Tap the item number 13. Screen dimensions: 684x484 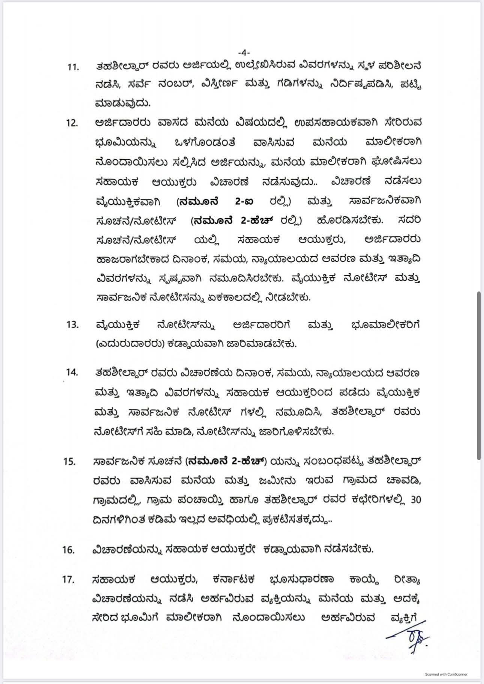[x=72, y=325]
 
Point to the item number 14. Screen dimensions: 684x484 [x=71, y=372]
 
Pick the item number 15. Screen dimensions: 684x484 [x=70, y=462]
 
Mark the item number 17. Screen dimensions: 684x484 [x=69, y=580]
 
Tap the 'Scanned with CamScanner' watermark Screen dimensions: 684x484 [x=446, y=674]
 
